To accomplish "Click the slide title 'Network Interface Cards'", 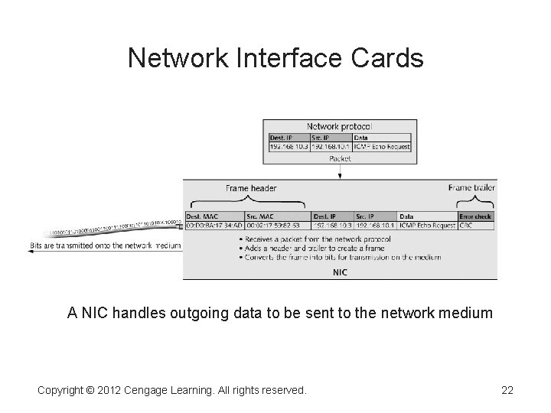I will click(x=275, y=58).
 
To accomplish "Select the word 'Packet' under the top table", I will click(x=339, y=158).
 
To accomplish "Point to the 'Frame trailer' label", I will click(x=472, y=187).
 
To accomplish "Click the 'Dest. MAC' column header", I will click(x=203, y=216).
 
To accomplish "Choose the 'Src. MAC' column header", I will click(x=260, y=216).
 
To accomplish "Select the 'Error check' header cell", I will click(x=476, y=216).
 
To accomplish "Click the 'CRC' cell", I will click(x=466, y=226).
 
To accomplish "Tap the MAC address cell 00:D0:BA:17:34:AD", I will click(x=214, y=226).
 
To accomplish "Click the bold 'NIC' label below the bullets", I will click(x=339, y=272).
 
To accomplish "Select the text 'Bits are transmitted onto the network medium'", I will click(x=106, y=246).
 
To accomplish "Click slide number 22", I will click(x=507, y=391).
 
